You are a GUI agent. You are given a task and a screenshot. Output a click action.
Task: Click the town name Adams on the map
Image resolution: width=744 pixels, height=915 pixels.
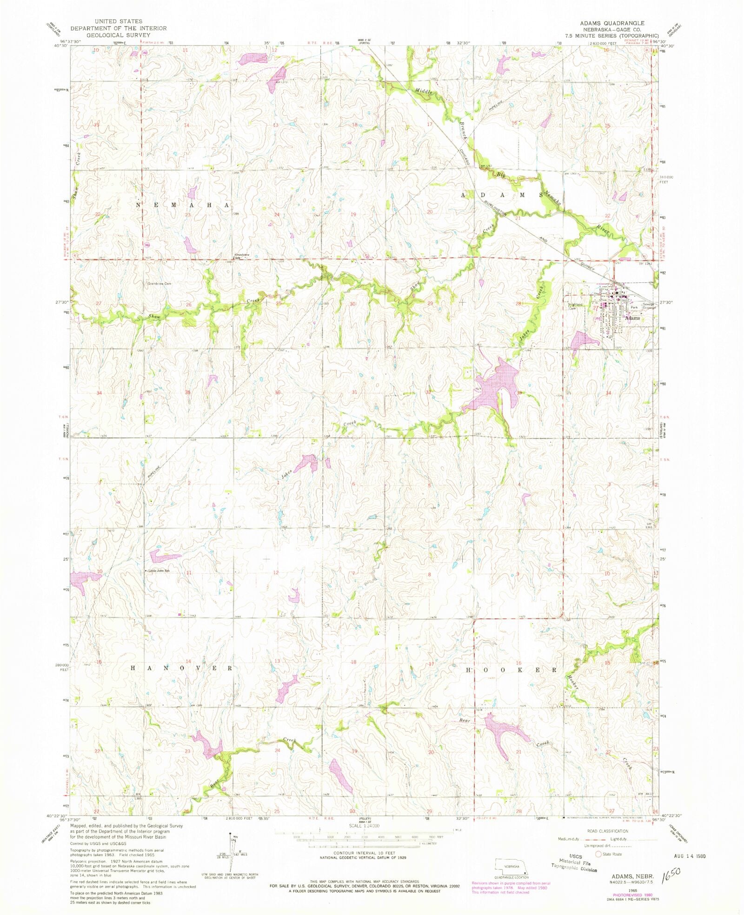[x=632, y=318]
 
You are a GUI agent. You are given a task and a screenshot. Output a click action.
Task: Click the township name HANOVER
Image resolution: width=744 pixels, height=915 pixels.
[x=181, y=668]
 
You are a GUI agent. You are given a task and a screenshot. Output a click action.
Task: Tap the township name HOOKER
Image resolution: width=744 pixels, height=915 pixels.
[x=511, y=670]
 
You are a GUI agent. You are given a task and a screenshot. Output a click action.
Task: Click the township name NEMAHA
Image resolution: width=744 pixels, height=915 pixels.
[x=183, y=205]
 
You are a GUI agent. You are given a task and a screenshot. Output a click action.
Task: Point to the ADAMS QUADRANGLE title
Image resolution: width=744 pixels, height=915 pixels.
[x=611, y=23]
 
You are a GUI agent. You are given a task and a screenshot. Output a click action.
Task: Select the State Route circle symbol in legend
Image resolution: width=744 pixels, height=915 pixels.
[x=598, y=854]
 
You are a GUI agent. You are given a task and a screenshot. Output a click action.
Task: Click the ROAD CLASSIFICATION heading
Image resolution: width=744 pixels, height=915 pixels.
[x=608, y=831]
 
